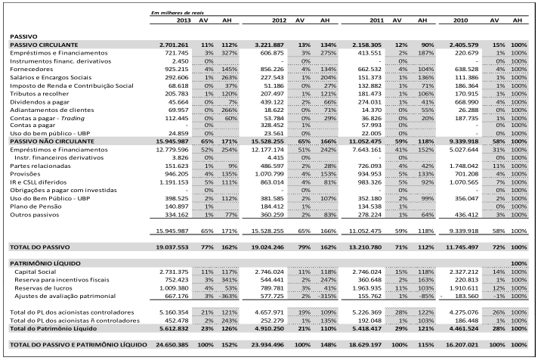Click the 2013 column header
click(x=183, y=20)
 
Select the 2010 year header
click(x=460, y=20)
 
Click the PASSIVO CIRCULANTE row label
click(x=44, y=45)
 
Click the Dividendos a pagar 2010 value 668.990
click(x=467, y=102)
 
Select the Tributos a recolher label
click(x=39, y=94)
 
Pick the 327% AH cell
click(x=229, y=53)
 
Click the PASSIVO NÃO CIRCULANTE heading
click(x=52, y=141)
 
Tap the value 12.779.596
click(x=172, y=150)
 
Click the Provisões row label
click(x=25, y=174)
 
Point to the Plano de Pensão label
click(x=36, y=206)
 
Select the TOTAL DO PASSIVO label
click(x=40, y=247)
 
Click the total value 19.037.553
click(x=172, y=247)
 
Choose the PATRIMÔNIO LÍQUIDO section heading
click(x=45, y=263)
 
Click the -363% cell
click(x=230, y=296)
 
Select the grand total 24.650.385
click(x=172, y=345)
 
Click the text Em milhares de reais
click(x=178, y=13)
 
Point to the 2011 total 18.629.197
click(x=365, y=345)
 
